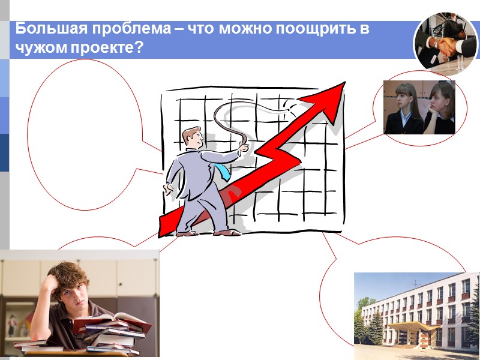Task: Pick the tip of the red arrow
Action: coord(343,84)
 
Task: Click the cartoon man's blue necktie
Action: coord(223,172)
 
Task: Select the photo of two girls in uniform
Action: coord(419,107)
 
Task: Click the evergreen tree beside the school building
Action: coord(376,327)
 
